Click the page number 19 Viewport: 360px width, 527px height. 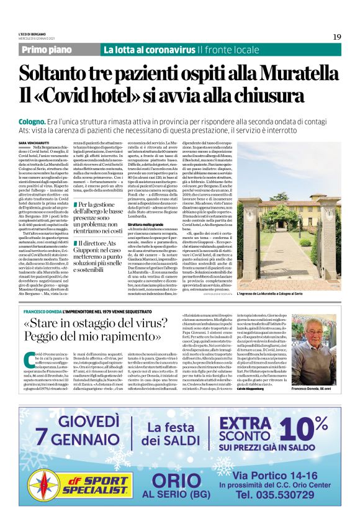[x=336, y=37]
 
